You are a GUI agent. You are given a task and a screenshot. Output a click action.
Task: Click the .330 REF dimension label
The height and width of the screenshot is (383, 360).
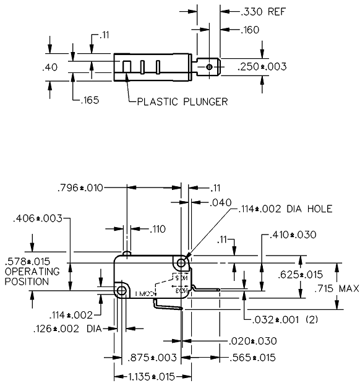(247, 12)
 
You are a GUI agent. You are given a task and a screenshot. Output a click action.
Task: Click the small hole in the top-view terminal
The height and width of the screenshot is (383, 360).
(210, 67)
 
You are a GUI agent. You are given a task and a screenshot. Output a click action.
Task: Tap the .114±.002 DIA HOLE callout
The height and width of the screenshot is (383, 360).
(285, 209)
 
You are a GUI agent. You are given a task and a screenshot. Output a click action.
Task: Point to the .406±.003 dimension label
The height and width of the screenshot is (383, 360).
(37, 218)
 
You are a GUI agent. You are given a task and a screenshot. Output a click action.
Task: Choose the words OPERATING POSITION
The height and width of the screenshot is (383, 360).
(32, 276)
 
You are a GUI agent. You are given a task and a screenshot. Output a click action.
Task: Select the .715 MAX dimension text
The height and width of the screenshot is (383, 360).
(336, 289)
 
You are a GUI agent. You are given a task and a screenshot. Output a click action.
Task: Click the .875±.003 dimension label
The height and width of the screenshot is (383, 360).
(152, 358)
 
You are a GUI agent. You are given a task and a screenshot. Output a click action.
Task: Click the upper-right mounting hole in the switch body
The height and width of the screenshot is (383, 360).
(181, 263)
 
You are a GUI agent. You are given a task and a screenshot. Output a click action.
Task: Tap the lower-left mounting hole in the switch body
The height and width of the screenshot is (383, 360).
(121, 290)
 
